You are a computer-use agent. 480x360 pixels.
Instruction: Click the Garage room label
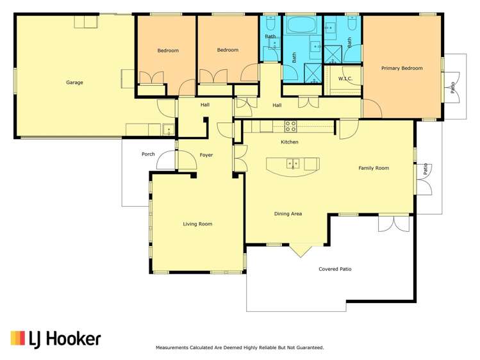point(74,83)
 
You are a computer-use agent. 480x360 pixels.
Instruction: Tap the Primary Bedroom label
point(402,68)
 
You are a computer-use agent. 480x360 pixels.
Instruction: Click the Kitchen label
point(290,142)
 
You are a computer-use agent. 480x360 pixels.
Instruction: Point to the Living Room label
point(197,224)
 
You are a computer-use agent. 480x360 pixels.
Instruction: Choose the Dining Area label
point(288,214)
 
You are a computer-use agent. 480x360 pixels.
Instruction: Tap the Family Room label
point(374,168)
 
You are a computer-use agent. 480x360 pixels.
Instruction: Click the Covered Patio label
point(335,270)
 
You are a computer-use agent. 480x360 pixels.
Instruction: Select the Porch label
point(148,154)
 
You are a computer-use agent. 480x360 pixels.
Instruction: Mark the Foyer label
point(206,155)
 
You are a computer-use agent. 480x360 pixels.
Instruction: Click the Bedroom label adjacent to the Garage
point(168,51)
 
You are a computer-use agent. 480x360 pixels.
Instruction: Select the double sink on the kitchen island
point(292,163)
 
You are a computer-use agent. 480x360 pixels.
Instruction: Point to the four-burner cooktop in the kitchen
point(290,126)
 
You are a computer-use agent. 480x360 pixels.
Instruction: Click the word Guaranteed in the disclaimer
point(308,348)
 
